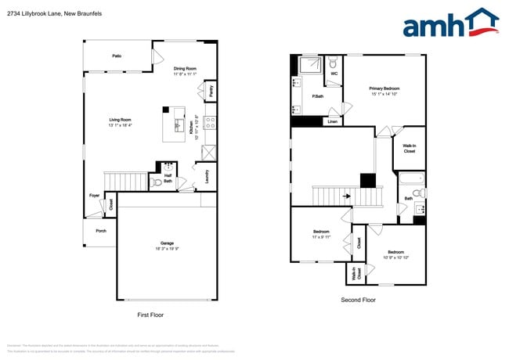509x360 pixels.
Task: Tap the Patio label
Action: pyautogui.click(x=116, y=56)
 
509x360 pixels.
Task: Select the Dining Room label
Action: pyautogui.click(x=185, y=68)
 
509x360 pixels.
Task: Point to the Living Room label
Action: pyautogui.click(x=120, y=120)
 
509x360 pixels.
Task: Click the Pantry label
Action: pyautogui.click(x=211, y=91)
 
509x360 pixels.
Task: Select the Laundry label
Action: pyautogui.click(x=207, y=178)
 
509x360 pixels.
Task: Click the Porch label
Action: pyautogui.click(x=101, y=231)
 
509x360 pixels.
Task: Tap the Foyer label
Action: pyautogui.click(x=94, y=196)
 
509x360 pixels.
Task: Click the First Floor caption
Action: pyautogui.click(x=150, y=315)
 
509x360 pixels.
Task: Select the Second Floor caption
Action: pyautogui.click(x=358, y=300)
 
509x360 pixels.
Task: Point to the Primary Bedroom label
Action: pyautogui.click(x=385, y=88)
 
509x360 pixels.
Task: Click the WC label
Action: pyautogui.click(x=333, y=75)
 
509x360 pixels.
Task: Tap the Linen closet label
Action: pyautogui.click(x=333, y=122)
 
